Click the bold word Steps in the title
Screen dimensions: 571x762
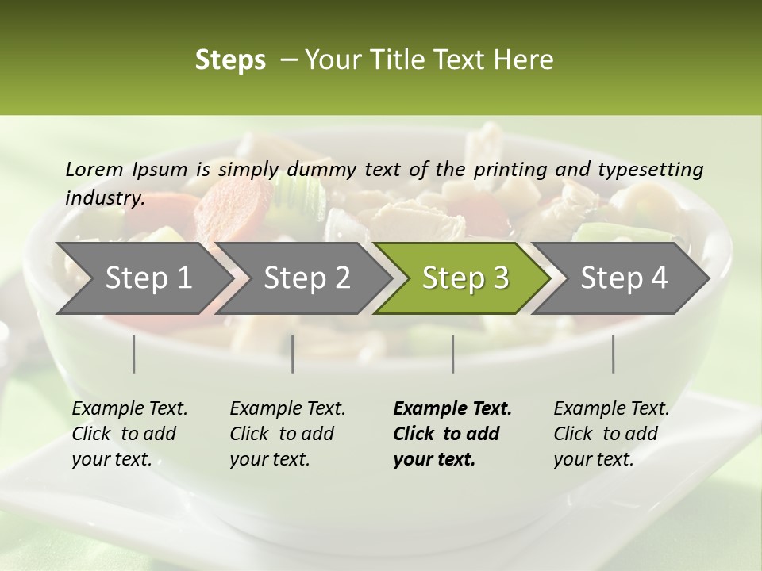click(x=230, y=60)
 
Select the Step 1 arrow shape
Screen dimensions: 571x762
click(x=143, y=278)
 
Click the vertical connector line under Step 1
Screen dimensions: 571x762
click(x=134, y=354)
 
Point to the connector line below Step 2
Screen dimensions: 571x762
click(x=293, y=354)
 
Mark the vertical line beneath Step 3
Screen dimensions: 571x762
click(x=453, y=354)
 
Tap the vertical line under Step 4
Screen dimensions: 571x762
click(x=614, y=354)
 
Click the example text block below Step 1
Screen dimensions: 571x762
click(x=129, y=434)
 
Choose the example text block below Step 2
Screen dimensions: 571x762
click(x=287, y=434)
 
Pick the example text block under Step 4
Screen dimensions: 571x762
click(x=610, y=434)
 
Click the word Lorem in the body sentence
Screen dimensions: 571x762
click(x=94, y=169)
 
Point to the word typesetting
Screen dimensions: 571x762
click(x=652, y=170)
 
